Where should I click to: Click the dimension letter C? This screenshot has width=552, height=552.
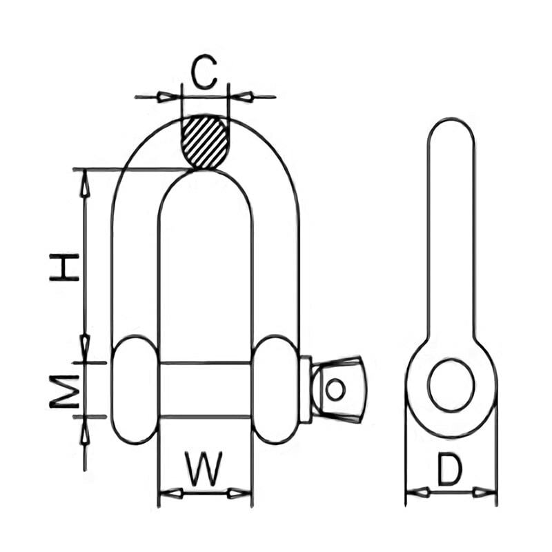204,74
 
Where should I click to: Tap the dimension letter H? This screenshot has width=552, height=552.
65,267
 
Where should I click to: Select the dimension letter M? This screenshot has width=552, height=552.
65,391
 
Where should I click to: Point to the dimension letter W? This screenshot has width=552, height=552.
205,469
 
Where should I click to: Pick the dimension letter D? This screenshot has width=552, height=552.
450,471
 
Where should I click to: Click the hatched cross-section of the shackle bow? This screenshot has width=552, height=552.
204,141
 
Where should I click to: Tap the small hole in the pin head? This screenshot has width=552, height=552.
335,389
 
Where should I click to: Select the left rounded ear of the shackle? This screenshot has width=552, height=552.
135,389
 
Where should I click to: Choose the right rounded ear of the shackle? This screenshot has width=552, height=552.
276,389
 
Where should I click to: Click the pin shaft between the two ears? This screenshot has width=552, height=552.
205,389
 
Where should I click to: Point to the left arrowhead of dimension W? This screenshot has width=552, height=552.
169,493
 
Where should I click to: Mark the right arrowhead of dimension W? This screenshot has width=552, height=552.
241,493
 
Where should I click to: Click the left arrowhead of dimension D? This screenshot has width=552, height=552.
415,492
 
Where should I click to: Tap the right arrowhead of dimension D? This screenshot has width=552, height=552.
486,492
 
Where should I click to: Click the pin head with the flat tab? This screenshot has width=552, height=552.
337,389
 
